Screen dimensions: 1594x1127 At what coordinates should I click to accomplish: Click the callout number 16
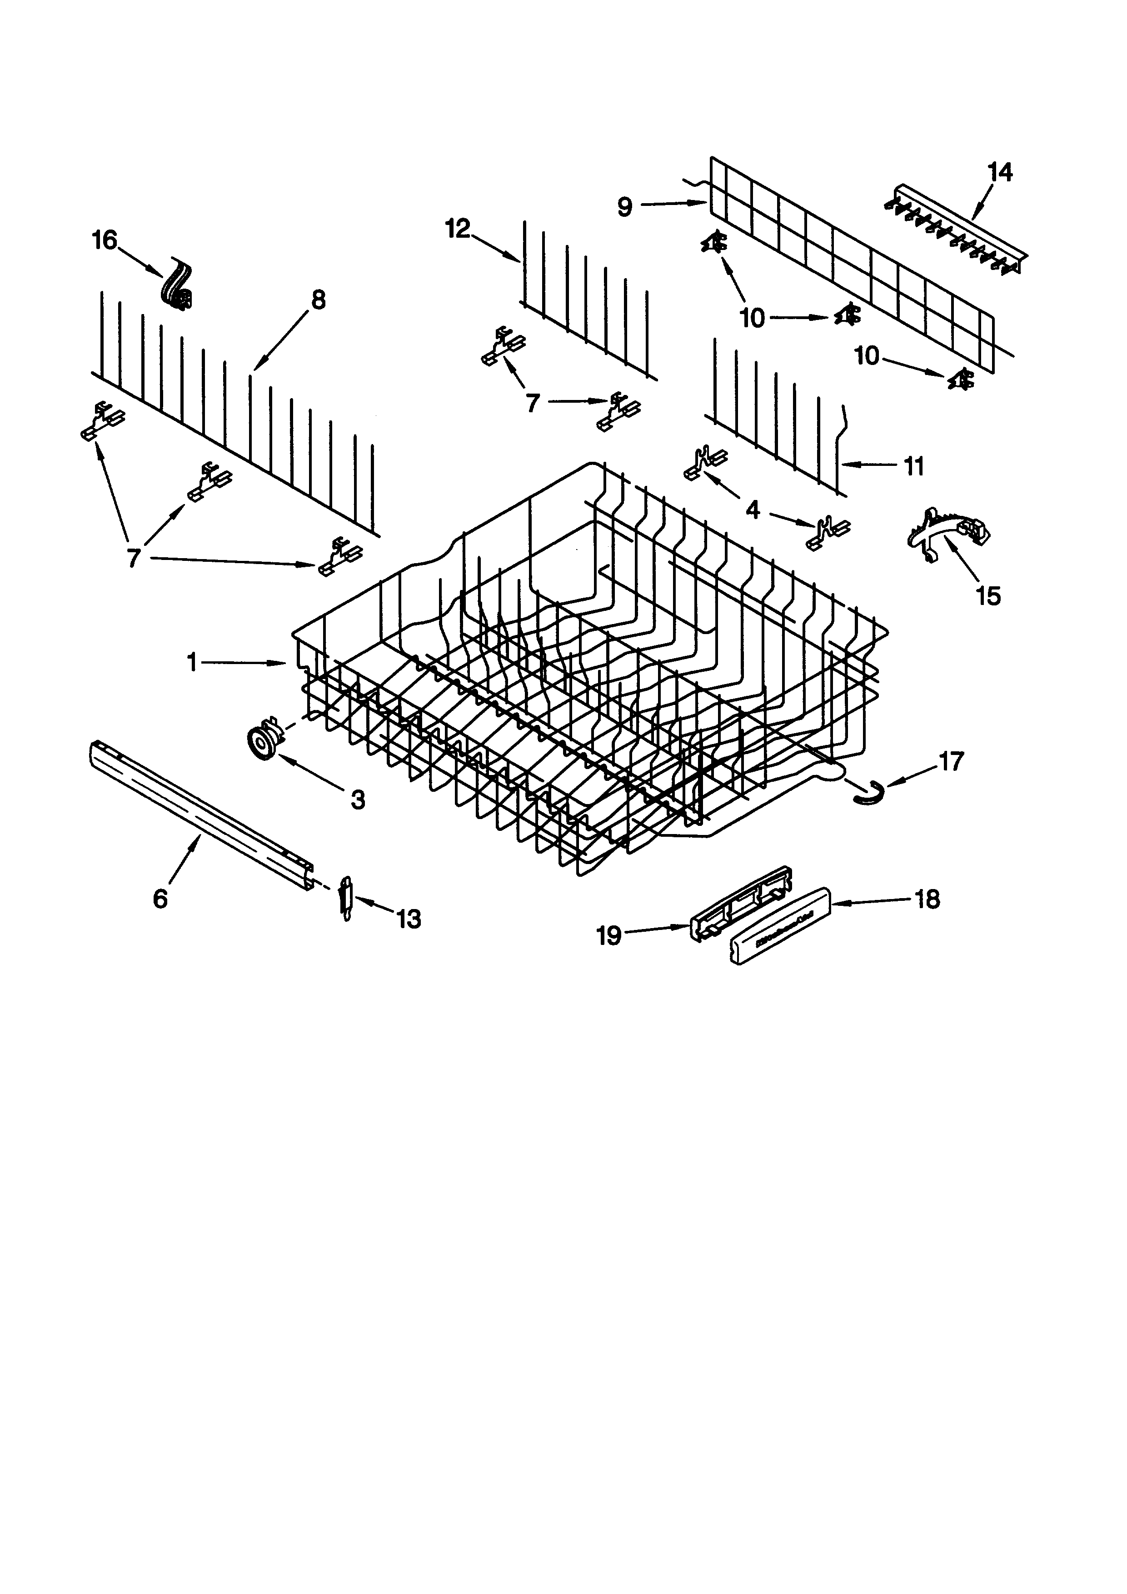[x=105, y=241]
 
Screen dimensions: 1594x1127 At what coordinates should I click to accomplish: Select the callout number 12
[x=457, y=229]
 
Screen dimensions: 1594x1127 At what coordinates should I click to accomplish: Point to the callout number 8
[x=317, y=300]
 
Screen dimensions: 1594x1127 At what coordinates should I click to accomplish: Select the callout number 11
[x=914, y=466]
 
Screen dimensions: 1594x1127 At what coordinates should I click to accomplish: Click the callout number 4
[x=752, y=510]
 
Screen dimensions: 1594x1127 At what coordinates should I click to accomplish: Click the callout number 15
[x=988, y=596]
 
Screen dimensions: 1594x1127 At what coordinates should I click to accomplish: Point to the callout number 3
[x=357, y=800]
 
